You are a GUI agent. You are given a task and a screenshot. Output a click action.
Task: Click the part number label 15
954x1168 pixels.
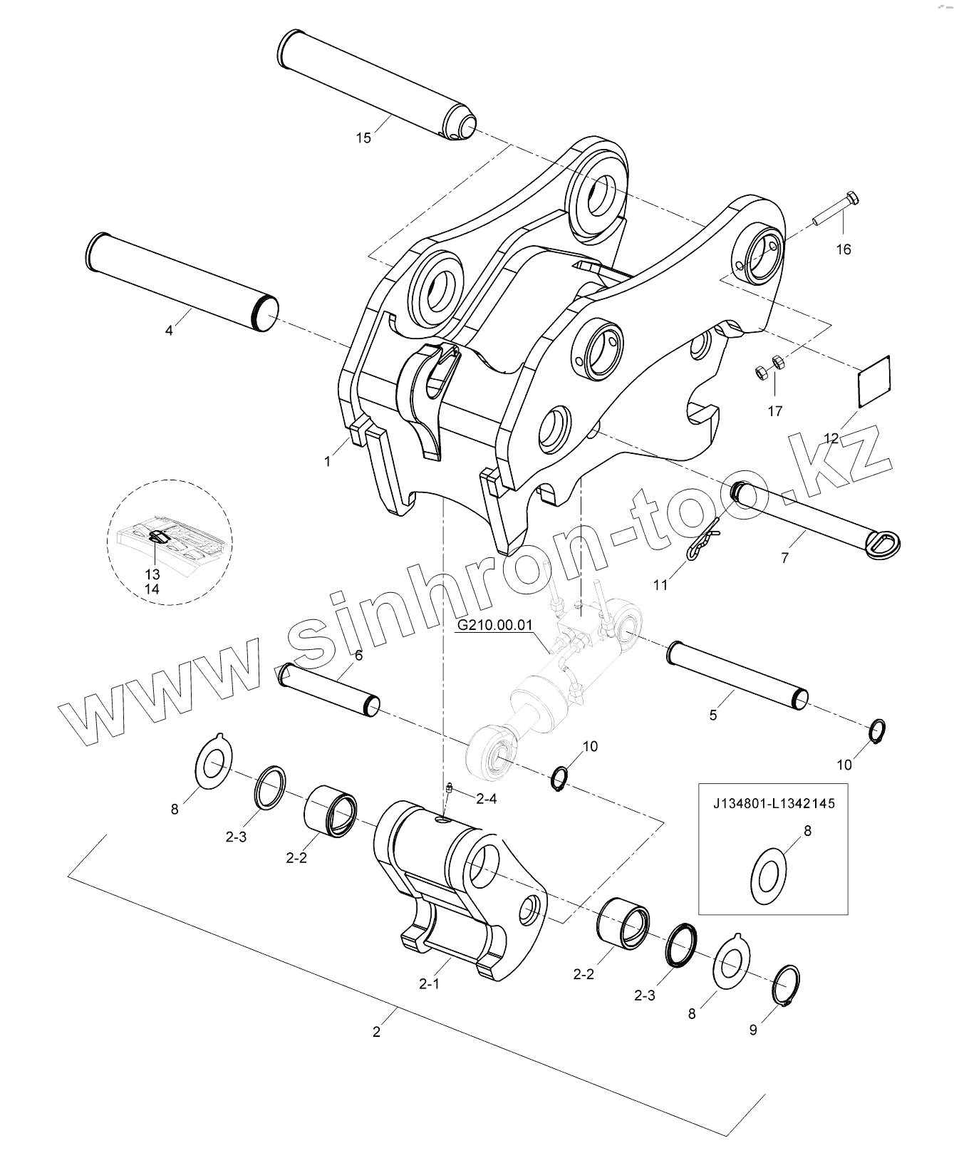tap(363, 138)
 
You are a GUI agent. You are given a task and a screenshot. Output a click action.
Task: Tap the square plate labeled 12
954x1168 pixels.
tap(873, 382)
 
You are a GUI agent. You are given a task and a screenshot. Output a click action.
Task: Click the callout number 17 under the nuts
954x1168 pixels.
tap(774, 411)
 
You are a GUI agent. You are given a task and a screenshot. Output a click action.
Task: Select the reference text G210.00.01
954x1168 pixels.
tap(494, 626)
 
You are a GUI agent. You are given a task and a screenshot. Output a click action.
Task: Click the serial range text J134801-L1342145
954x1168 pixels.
tap(774, 803)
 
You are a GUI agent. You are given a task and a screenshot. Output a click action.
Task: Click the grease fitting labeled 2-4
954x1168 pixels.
tap(449, 788)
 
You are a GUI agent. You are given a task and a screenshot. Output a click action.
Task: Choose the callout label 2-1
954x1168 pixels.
tap(429, 984)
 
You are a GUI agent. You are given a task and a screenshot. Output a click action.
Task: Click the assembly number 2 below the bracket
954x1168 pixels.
tap(377, 1031)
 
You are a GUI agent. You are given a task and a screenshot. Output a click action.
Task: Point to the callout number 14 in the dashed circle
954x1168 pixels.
tap(152, 589)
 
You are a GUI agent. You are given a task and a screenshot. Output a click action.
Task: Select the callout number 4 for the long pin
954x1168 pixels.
tap(169, 331)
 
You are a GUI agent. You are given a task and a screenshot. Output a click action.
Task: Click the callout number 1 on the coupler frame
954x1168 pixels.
tap(328, 461)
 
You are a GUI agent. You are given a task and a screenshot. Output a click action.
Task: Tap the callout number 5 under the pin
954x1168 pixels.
tap(713, 715)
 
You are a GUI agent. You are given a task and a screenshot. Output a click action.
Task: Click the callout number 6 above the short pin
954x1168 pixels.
tap(358, 655)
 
